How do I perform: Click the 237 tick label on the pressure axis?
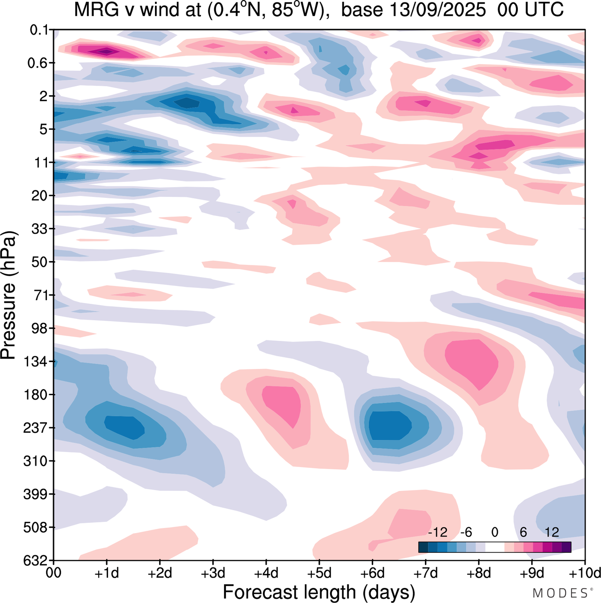pos(36,428)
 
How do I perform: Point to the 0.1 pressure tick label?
pos(39,30)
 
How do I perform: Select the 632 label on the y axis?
pos(36,560)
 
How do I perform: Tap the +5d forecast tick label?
pos(319,573)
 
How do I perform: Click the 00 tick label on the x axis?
pos(54,573)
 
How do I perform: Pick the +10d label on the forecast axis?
pos(584,573)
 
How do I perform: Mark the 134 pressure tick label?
pos(36,362)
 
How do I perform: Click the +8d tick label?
pos(478,573)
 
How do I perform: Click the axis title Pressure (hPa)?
pos(9,295)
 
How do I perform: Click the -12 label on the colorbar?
pos(438,533)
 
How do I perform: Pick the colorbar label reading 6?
pos(523,533)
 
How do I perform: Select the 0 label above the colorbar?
pos(494,533)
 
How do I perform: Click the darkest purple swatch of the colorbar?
pos(566,547)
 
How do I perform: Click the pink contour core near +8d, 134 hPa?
pos(472,361)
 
